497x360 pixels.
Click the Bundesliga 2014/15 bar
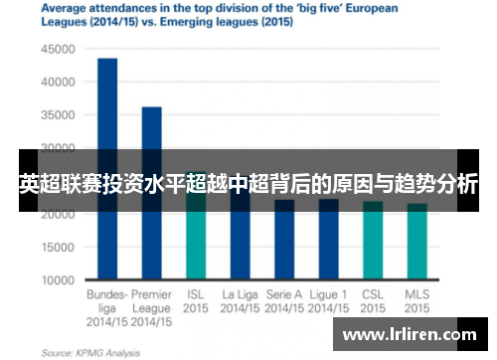[x=107, y=169]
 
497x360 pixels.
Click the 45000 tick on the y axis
[x=61, y=49]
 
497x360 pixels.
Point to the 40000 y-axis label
[x=61, y=82]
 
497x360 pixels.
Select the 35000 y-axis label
[x=61, y=115]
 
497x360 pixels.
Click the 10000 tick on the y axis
[x=61, y=280]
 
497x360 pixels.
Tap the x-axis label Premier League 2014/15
[x=151, y=307]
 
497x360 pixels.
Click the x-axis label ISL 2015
[x=196, y=301]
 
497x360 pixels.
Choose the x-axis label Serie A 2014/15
[x=284, y=301]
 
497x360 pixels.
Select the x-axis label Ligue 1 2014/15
[x=328, y=301]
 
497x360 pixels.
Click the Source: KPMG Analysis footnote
[x=90, y=352]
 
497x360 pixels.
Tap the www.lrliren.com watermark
[x=409, y=335]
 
